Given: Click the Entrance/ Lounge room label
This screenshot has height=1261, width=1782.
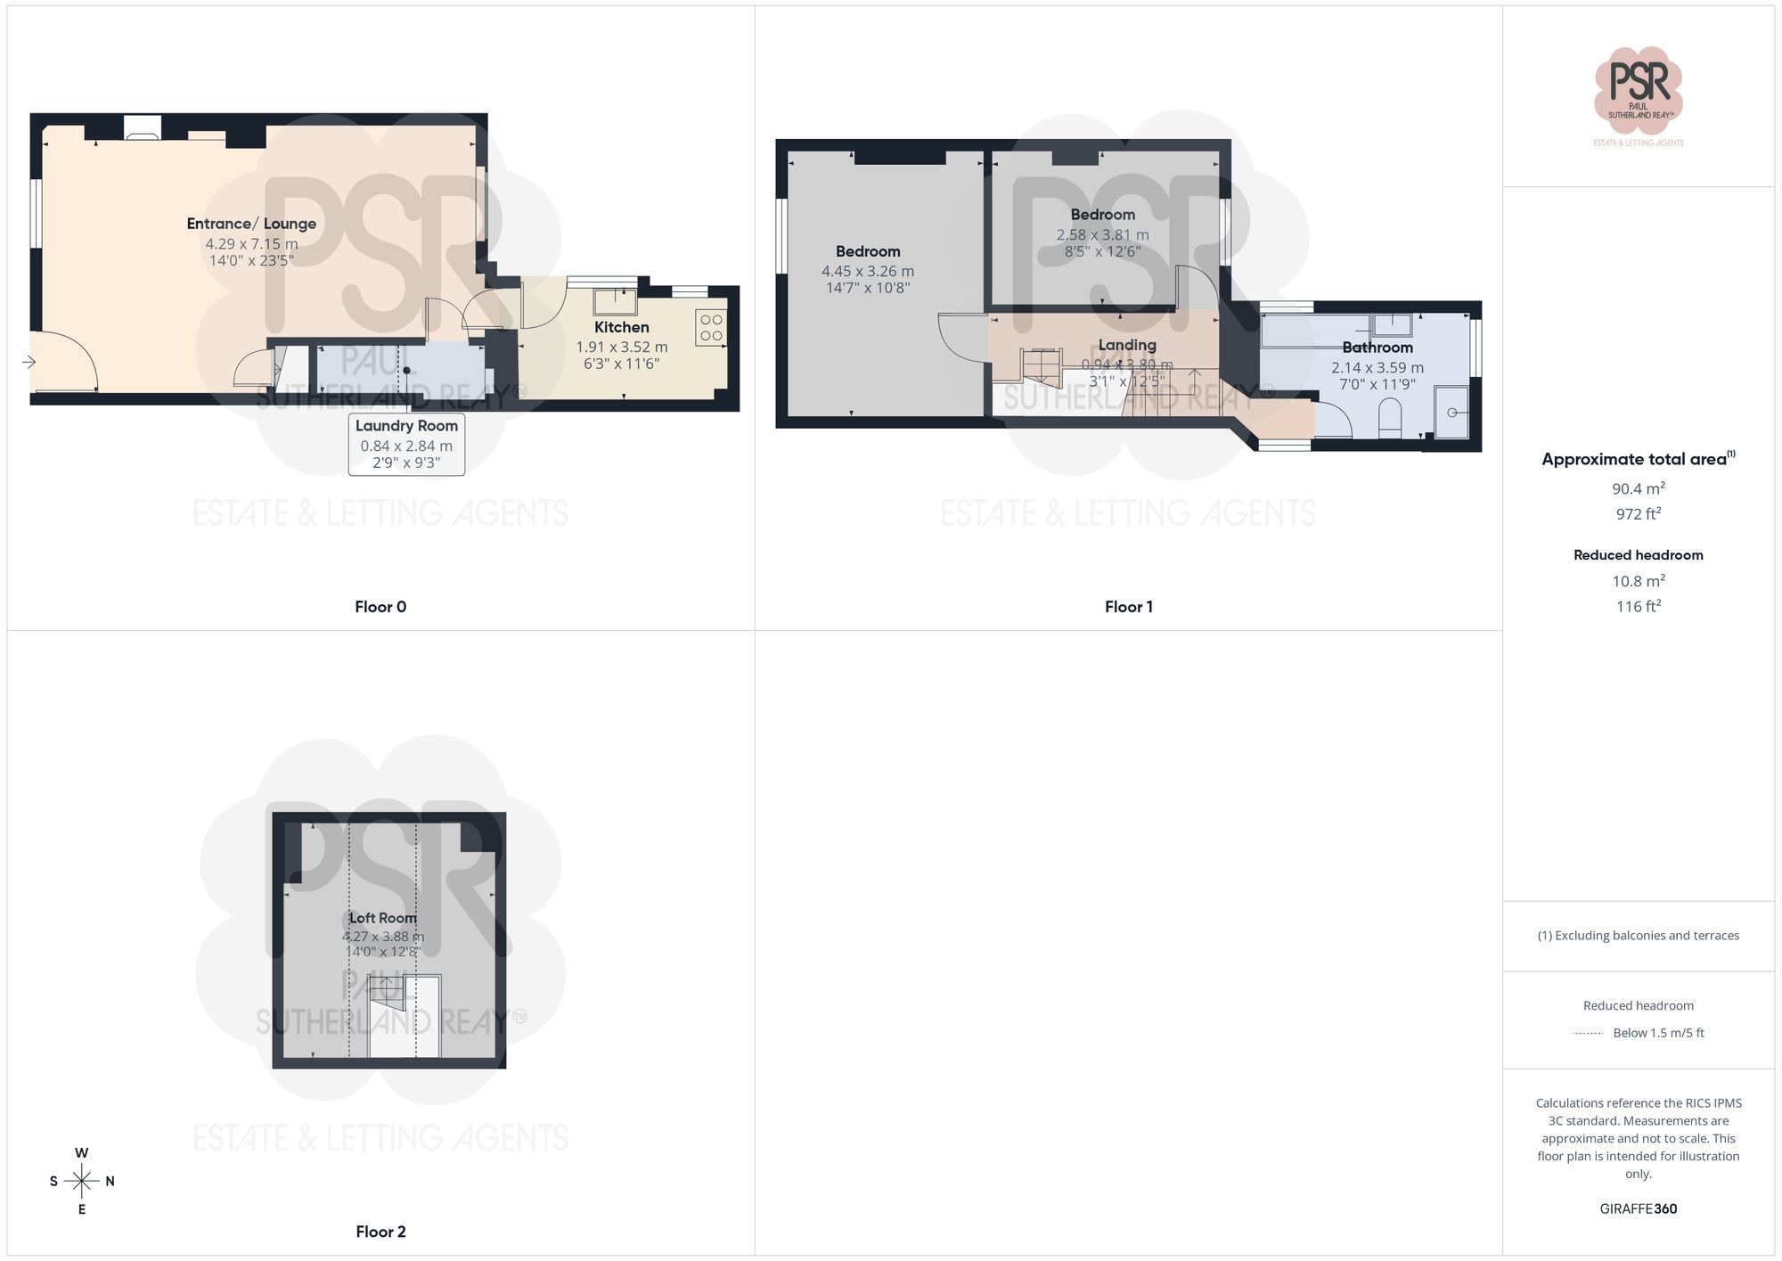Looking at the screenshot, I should [251, 224].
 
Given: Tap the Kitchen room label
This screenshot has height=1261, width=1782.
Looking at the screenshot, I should [621, 327].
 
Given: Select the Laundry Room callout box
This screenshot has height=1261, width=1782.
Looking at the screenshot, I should [406, 444].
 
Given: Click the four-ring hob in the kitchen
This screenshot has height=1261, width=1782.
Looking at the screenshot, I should [711, 327].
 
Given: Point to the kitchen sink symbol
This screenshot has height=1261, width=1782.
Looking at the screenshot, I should [616, 301].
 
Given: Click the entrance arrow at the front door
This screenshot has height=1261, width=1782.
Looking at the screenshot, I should [29, 362].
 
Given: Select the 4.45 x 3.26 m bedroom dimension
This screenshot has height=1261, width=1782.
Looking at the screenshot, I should [867, 271].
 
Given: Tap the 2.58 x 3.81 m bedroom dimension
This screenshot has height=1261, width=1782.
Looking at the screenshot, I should [1102, 235].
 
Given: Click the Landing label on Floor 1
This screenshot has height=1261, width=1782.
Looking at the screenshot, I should [1126, 345].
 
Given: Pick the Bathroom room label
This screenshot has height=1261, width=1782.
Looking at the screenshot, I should [1377, 348].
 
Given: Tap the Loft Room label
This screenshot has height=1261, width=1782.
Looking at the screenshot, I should [382, 918].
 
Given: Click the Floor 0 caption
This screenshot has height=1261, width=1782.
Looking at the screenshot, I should [380, 607].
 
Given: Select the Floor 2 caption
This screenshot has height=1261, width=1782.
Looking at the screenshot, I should [380, 1232].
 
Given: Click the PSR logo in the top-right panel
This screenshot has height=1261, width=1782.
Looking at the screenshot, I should [1638, 89].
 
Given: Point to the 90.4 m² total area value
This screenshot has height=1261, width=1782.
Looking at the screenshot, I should [1638, 488].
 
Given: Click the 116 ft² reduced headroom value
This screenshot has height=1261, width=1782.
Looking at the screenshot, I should [1638, 606].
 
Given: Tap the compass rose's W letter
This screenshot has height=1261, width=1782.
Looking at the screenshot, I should [81, 1153].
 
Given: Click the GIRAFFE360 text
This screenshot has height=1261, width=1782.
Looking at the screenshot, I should [1638, 1209].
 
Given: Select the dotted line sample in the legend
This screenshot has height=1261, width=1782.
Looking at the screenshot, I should [1588, 1034].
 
